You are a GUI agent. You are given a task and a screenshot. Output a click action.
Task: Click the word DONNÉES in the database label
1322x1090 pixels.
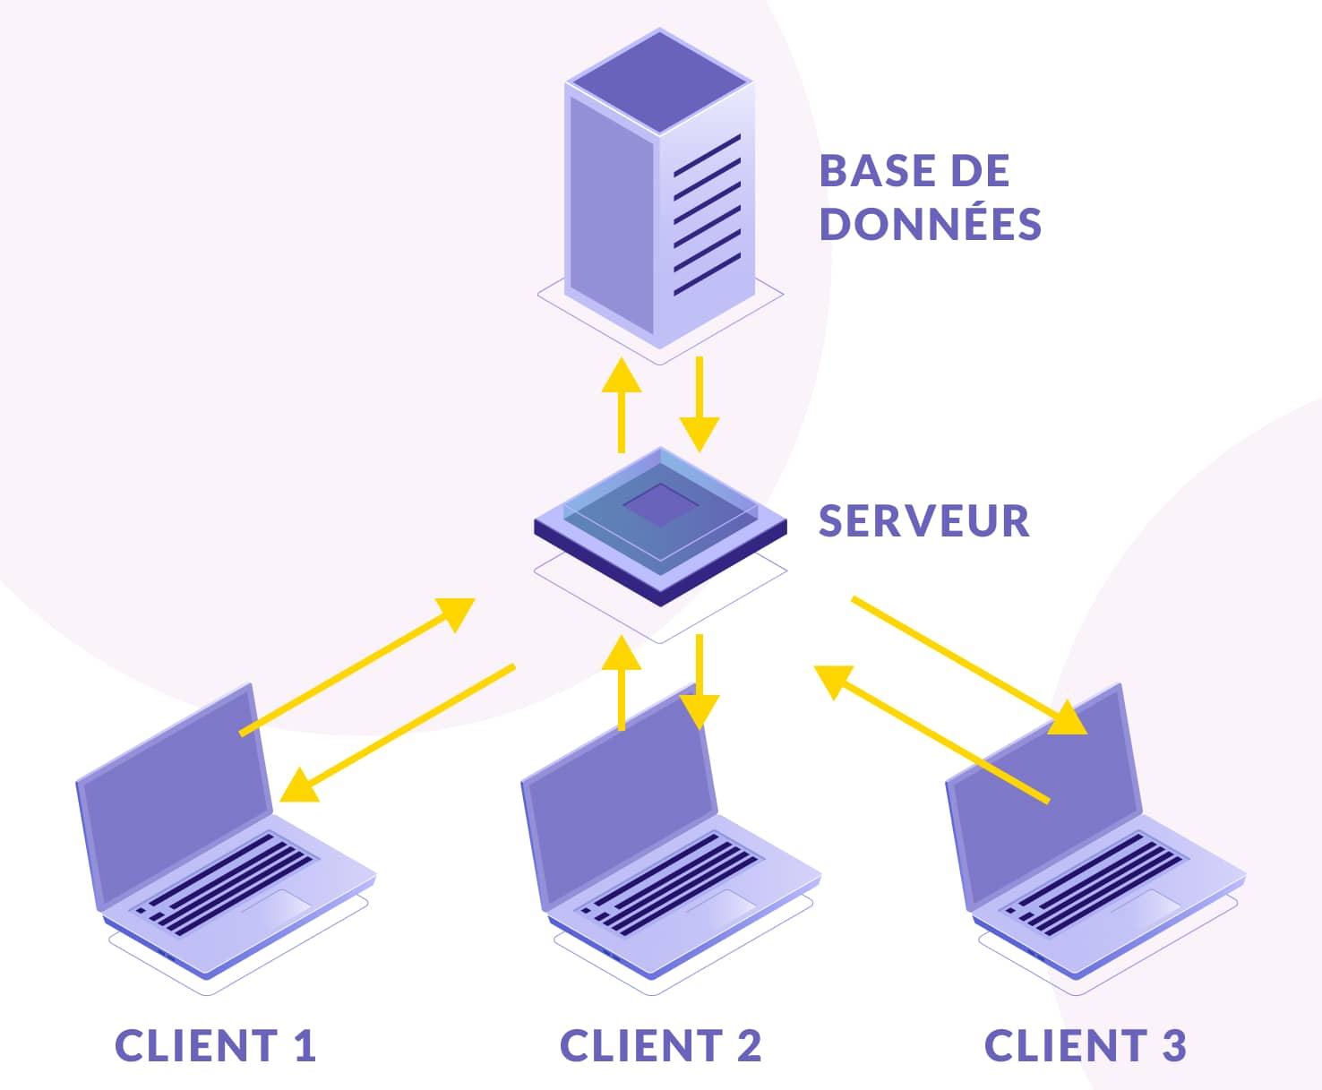tap(931, 224)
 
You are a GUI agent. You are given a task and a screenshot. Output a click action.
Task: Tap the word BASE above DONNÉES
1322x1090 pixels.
tap(871, 171)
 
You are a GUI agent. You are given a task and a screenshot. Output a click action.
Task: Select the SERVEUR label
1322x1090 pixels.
tap(923, 521)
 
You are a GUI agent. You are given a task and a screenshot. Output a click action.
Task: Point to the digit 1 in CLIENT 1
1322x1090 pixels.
tap(305, 1046)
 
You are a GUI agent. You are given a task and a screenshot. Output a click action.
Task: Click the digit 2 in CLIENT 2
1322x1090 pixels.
tap(750, 1046)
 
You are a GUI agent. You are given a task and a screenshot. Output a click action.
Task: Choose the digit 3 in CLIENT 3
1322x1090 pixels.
tap(1173, 1046)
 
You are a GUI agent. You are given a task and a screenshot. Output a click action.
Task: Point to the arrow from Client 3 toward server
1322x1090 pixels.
tap(931, 733)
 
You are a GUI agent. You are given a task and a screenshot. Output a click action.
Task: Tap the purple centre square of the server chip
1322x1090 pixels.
tap(660, 505)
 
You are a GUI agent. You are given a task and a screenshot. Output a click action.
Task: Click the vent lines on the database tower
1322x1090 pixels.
tap(707, 215)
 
